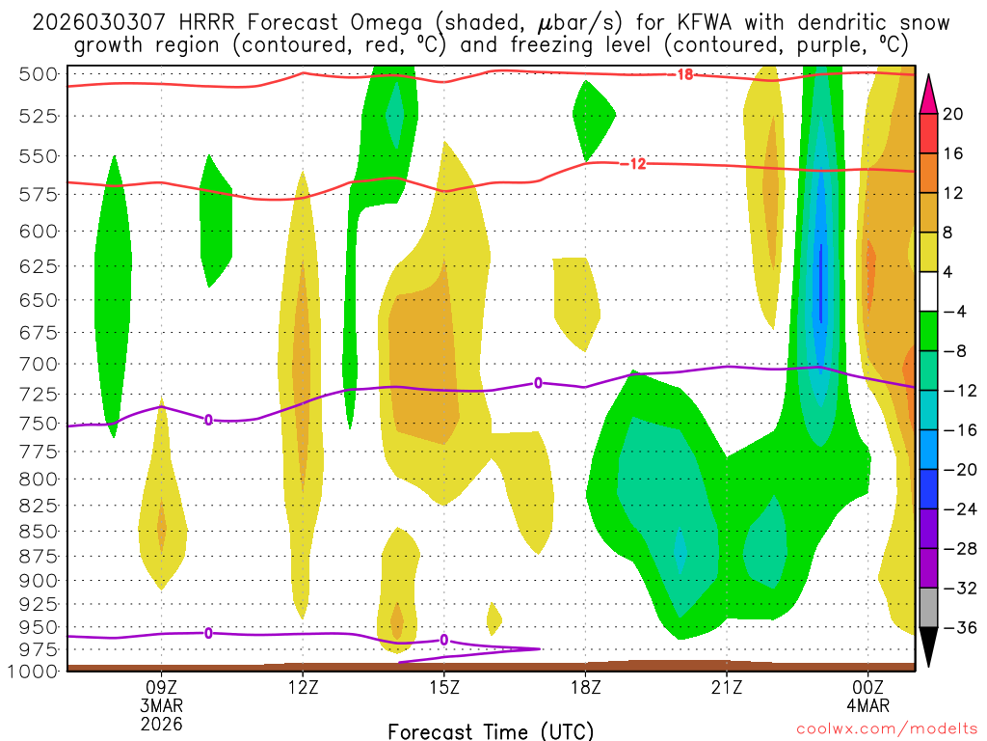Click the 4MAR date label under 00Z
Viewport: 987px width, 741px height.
coord(868,705)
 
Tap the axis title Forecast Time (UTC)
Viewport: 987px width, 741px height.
coord(491,730)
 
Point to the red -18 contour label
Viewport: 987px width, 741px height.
coord(684,74)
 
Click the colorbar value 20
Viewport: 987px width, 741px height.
coord(953,114)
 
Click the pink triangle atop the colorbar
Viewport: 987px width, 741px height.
coord(929,94)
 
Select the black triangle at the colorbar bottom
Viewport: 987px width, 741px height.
coord(929,647)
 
